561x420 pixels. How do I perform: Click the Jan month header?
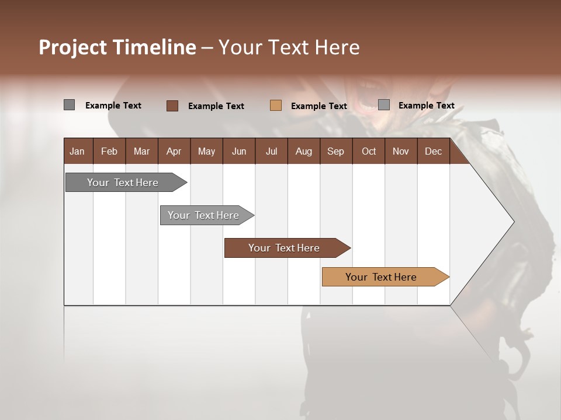pos(78,151)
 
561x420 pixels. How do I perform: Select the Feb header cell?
pos(109,151)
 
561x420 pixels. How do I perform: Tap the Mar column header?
pos(141,151)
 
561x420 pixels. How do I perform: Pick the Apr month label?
pos(174,151)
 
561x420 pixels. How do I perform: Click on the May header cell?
pos(206,151)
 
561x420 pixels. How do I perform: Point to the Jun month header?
pos(239,151)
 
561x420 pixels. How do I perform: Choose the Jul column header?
pos(271,151)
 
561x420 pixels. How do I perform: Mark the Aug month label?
pos(304,151)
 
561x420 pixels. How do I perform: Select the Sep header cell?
pos(336,151)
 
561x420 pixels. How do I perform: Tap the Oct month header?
pos(369,151)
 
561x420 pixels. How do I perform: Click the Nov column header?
pos(401,151)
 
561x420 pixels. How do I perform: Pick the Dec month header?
pos(434,151)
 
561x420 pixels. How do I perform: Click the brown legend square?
pos(172,106)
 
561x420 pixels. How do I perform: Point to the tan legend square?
pos(276,106)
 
